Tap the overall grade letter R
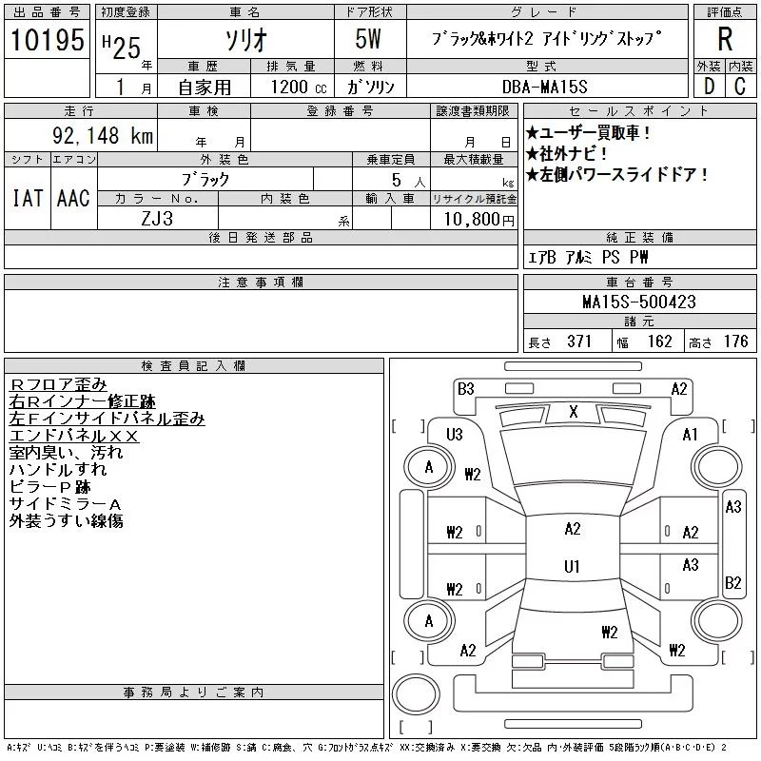[725, 39]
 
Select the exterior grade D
[709, 85]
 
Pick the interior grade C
[740, 85]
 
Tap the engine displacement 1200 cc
[291, 86]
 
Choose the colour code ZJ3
[158, 218]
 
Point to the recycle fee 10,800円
[475, 219]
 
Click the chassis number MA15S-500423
[639, 302]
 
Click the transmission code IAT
[27, 198]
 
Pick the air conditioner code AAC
[73, 198]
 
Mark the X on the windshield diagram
[573, 412]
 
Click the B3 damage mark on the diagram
[465, 388]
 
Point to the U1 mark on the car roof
[572, 567]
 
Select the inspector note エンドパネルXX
[74, 436]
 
